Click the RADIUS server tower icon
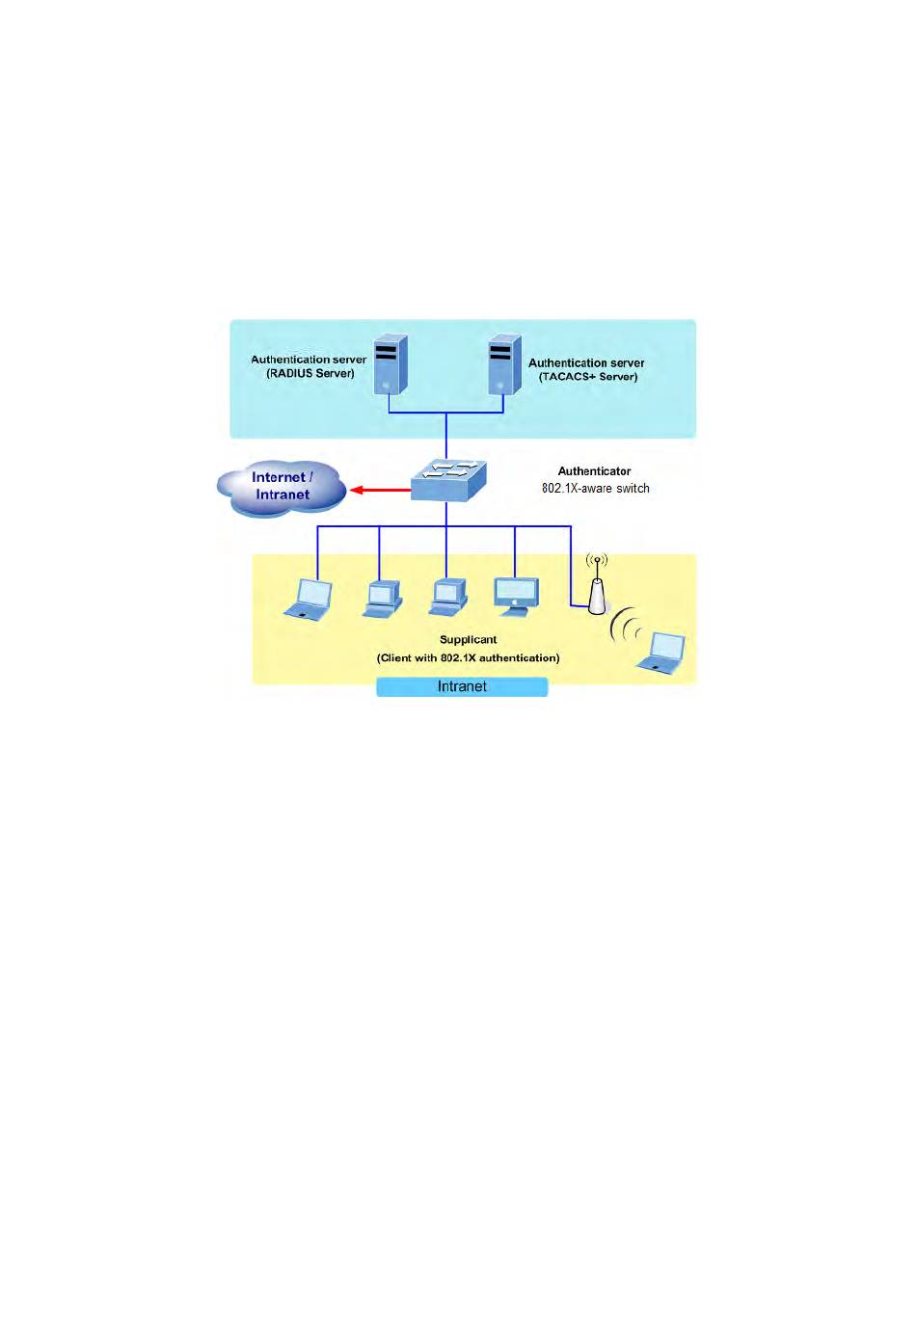[x=391, y=364]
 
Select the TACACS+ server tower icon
[x=504, y=364]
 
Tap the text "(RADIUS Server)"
[x=310, y=374]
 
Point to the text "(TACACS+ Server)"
[x=588, y=377]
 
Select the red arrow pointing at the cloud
[x=380, y=490]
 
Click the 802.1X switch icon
[x=448, y=481]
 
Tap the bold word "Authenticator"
[x=594, y=471]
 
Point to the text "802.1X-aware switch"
[x=595, y=489]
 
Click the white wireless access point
[x=597, y=595]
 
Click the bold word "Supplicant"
[x=469, y=639]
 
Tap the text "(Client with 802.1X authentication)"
[x=469, y=657]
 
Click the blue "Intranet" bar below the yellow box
[x=462, y=686]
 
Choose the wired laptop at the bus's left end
[x=309, y=600]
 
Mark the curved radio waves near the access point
[x=625, y=626]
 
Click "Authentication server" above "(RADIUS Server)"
[x=309, y=360]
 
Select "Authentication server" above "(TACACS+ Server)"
[x=586, y=362]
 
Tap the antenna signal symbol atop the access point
[x=597, y=561]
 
